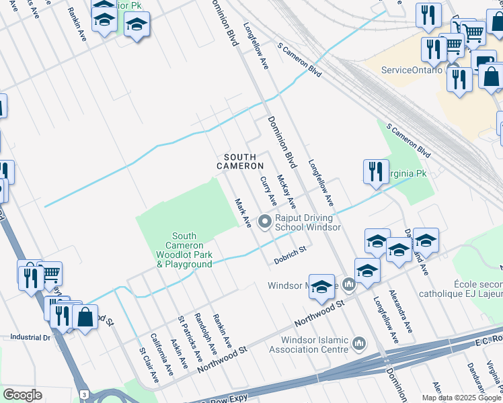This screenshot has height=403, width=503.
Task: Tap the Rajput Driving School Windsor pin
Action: (265, 220)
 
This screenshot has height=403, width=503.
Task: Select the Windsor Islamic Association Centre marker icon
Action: (358, 344)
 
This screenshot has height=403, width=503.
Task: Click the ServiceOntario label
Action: (412, 70)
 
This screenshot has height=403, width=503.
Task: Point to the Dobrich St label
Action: (290, 254)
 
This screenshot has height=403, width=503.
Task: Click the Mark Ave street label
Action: (242, 212)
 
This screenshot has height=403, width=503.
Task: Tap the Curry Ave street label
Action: (268, 191)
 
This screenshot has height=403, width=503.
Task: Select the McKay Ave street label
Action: (286, 193)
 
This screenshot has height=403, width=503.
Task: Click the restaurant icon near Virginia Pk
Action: (375, 172)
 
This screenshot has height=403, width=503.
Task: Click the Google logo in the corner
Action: (22, 395)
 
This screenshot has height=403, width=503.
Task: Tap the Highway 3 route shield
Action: (84, 394)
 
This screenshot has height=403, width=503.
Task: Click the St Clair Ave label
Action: (149, 365)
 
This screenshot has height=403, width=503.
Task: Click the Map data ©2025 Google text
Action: (462, 398)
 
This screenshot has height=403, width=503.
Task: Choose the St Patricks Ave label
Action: (189, 338)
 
